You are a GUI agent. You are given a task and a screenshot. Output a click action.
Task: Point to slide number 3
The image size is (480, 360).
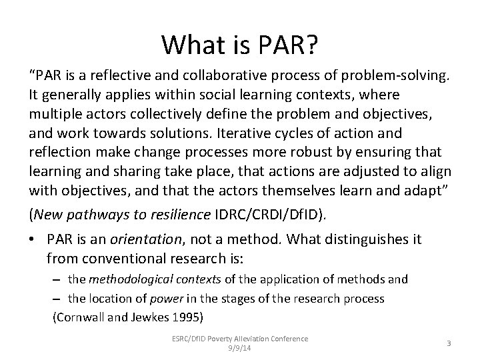pyautogui.click(x=449, y=343)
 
